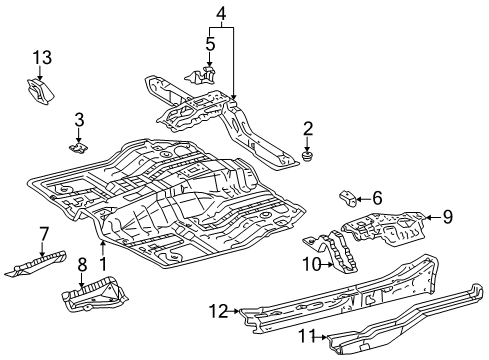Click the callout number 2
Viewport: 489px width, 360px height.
tap(308, 127)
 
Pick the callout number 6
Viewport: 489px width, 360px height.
tap(377, 197)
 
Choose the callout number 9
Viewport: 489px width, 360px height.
tap(448, 215)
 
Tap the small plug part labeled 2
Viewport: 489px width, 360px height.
tap(308, 156)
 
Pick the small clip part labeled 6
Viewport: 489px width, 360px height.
tap(348, 195)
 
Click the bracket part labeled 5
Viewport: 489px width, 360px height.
tap(207, 74)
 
